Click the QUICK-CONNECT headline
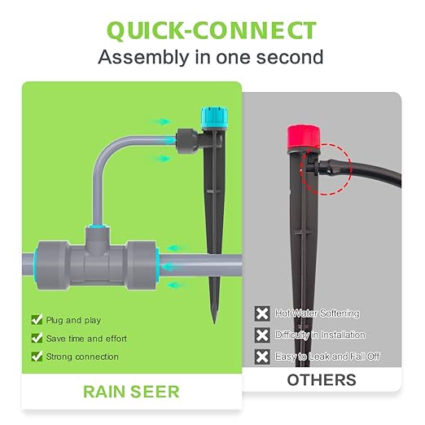211,30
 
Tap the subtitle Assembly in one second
211,57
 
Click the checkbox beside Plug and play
36,320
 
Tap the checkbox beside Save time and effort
36,338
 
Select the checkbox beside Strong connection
36,357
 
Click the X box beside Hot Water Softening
262,313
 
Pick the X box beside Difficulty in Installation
262,335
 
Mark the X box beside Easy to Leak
262,357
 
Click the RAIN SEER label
131,392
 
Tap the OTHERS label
321,380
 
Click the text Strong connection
83,357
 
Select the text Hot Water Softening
318,313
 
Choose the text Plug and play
74,320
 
